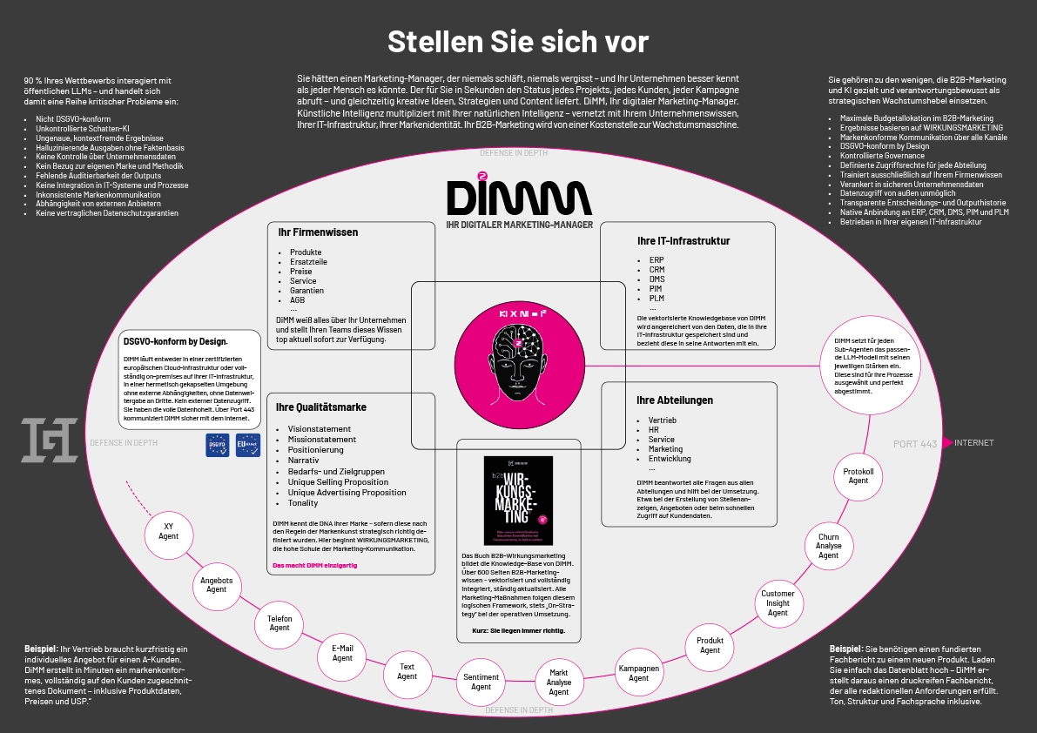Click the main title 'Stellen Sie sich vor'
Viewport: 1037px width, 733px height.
pyautogui.click(x=517, y=42)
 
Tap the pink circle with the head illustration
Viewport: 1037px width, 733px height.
pyautogui.click(x=518, y=356)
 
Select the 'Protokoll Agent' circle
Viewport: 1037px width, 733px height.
pyautogui.click(x=859, y=476)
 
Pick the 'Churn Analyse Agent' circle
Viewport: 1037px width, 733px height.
pyautogui.click(x=828, y=546)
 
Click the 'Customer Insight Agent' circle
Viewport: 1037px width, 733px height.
pyautogui.click(x=778, y=603)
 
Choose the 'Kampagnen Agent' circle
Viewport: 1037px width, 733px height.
pyautogui.click(x=639, y=673)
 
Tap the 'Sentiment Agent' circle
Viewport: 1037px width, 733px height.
pyautogui.click(x=481, y=682)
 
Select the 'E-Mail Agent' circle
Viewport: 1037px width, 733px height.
pyautogui.click(x=342, y=653)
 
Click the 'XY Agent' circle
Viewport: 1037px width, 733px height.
pyautogui.click(x=169, y=531)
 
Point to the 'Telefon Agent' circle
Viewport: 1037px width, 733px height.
pyautogui.click(x=279, y=622)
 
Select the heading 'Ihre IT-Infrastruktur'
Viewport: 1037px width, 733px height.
pyautogui.click(x=683, y=241)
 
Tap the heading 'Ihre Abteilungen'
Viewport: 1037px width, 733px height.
pyautogui.click(x=675, y=400)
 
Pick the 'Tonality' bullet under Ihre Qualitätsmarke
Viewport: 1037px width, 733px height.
pyautogui.click(x=303, y=503)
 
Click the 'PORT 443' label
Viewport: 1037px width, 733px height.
pyautogui.click(x=915, y=444)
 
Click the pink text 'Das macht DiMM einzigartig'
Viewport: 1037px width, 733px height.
pyautogui.click(x=315, y=566)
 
